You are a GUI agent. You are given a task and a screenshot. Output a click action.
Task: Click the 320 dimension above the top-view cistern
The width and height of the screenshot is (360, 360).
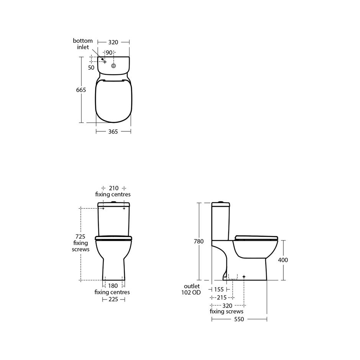coord(113,42)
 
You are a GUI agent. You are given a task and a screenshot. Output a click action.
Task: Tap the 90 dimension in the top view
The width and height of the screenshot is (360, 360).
coord(109,52)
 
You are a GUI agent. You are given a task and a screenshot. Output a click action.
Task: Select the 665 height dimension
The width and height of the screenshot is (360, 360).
coord(81,90)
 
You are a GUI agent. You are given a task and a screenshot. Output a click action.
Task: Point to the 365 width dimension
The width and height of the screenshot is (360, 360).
coord(113,132)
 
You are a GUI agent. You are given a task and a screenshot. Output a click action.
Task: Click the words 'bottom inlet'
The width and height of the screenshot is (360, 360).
coord(83,44)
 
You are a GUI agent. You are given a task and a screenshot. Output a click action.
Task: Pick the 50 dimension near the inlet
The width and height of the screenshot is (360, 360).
coord(91,68)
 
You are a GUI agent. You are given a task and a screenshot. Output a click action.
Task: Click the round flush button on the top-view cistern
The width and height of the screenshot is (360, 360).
coord(113,66)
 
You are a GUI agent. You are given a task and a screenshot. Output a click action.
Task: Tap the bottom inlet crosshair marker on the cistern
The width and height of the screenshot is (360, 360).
coord(105,62)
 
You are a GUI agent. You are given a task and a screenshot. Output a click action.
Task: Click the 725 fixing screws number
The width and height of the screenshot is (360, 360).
coord(80,236)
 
